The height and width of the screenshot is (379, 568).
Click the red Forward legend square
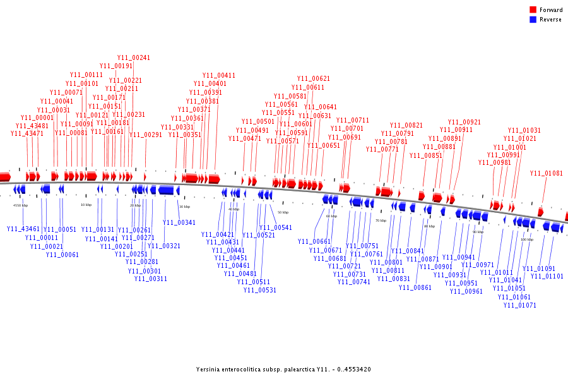coord(533,9)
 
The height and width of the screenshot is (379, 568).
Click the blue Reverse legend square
coord(533,20)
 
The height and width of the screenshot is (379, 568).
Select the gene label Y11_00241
coord(134,58)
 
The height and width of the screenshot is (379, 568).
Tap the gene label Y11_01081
coord(547,173)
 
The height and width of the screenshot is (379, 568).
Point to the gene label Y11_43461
coord(23,229)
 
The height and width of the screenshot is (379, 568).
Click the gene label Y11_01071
coord(520,306)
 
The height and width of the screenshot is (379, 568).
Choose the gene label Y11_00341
coord(179,222)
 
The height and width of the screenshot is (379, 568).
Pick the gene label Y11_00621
coord(314,79)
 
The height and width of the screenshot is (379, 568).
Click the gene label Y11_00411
coord(219,76)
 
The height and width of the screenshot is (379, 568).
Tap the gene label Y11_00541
coord(276,227)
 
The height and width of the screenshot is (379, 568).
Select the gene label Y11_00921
coord(464,123)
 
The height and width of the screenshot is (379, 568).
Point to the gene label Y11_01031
coord(524,131)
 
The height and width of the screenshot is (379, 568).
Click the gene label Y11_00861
coord(415,288)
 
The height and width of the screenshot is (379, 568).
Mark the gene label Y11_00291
coord(146,135)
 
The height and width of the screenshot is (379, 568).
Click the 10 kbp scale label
coord(86,205)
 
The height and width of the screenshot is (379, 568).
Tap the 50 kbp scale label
coord(283,212)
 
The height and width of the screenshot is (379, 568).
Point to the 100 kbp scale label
coord(526,240)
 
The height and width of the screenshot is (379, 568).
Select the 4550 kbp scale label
coord(21,205)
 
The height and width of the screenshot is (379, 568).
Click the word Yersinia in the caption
coord(209,370)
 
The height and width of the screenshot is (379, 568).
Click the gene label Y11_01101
coord(547,276)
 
